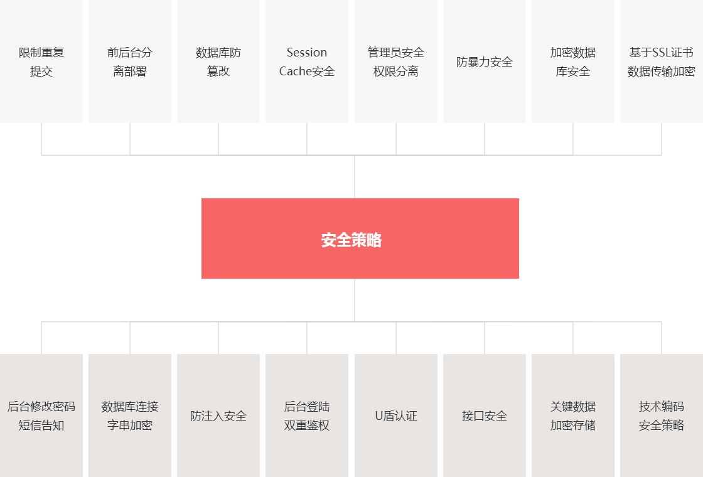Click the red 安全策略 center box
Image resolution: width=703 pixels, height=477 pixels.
click(360, 238)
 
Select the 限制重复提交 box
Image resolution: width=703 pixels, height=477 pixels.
click(41, 62)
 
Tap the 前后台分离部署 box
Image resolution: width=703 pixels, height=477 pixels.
click(130, 62)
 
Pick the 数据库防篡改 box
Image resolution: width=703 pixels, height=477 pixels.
click(218, 62)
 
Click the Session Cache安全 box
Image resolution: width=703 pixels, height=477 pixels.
click(307, 62)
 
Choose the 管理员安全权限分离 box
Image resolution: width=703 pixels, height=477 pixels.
click(396, 62)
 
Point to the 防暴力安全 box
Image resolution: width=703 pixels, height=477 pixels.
click(485, 62)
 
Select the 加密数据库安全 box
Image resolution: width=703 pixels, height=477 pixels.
click(573, 62)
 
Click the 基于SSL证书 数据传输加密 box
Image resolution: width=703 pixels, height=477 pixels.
click(662, 62)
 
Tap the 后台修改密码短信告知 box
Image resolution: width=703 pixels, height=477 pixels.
click(41, 415)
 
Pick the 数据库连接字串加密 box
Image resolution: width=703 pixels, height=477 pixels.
click(130, 415)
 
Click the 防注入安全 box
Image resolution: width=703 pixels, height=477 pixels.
click(218, 415)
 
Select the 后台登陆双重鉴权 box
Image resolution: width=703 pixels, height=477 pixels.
click(307, 415)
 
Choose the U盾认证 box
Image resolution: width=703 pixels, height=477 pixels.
click(396, 415)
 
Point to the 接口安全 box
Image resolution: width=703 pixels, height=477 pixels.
click(485, 415)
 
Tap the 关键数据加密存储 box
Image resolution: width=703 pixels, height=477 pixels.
click(573, 415)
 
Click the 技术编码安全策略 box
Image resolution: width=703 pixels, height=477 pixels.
click(662, 415)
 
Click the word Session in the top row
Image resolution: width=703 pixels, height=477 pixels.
click(307, 53)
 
